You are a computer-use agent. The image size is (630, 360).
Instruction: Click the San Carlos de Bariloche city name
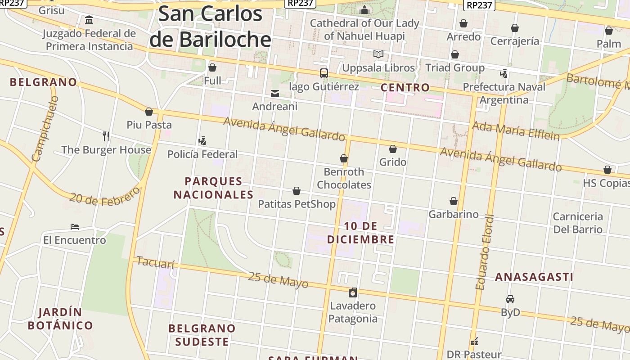coord(210,26)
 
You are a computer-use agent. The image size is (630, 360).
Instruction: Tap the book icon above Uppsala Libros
coord(378,54)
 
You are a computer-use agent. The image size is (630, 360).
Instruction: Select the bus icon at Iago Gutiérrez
coord(324,73)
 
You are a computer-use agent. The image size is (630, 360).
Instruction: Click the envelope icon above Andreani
coord(275,94)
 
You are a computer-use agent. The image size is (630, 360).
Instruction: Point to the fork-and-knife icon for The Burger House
coord(106,136)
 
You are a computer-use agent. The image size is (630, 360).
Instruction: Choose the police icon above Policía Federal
coord(202,141)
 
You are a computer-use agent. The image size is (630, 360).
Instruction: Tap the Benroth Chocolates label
coord(344,178)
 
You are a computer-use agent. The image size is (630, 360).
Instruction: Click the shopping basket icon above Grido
coord(393,149)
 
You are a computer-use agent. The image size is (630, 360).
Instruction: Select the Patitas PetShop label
coord(297,204)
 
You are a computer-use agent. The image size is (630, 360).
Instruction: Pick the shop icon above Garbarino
coord(454,201)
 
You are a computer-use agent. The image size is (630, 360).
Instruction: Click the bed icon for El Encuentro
coord(75,227)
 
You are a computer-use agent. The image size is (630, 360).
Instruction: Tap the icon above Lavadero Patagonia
coord(353,292)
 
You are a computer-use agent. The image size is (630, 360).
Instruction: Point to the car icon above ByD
coord(510,299)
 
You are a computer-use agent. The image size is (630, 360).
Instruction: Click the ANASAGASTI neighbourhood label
coord(534,277)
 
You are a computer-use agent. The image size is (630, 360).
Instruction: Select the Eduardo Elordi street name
coord(485,252)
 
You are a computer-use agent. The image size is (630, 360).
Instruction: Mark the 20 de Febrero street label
coord(105,197)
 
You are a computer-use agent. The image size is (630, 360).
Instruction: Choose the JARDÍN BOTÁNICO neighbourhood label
coord(60,319)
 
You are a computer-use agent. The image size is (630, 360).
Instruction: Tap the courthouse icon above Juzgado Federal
coord(89,20)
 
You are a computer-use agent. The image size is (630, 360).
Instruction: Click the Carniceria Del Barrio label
coord(578,223)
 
